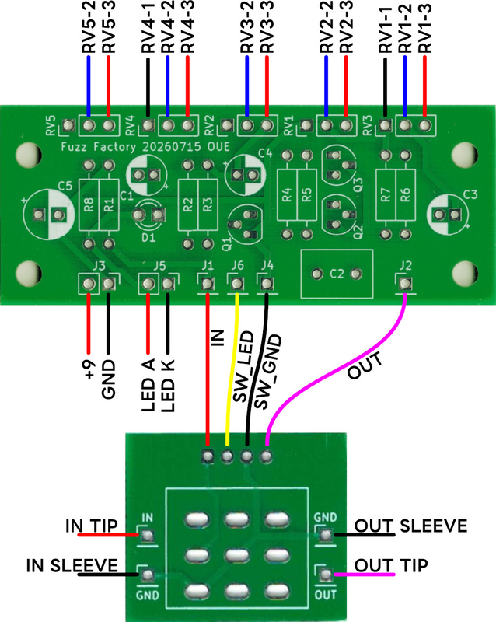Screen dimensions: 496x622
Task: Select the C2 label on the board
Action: click(337, 274)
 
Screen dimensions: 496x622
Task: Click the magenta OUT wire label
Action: click(365, 365)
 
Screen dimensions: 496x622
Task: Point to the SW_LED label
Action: click(243, 367)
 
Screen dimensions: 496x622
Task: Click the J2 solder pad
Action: click(405, 284)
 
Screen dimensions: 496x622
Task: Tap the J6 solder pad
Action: click(237, 284)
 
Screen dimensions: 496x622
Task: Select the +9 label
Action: click(89, 369)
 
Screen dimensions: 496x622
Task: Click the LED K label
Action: click(167, 385)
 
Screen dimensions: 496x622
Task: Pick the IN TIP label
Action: click(92, 526)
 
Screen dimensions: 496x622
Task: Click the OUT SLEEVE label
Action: click(410, 526)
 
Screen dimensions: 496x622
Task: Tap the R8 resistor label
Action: click(89, 204)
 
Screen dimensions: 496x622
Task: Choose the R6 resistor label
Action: click(405, 195)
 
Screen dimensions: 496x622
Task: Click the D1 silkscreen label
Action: click(148, 238)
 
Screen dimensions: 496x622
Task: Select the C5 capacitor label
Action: click(65, 186)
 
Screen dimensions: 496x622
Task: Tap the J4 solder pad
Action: click(267, 284)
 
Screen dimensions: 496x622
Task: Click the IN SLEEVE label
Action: click(72, 565)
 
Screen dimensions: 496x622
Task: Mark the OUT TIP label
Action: click(391, 565)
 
